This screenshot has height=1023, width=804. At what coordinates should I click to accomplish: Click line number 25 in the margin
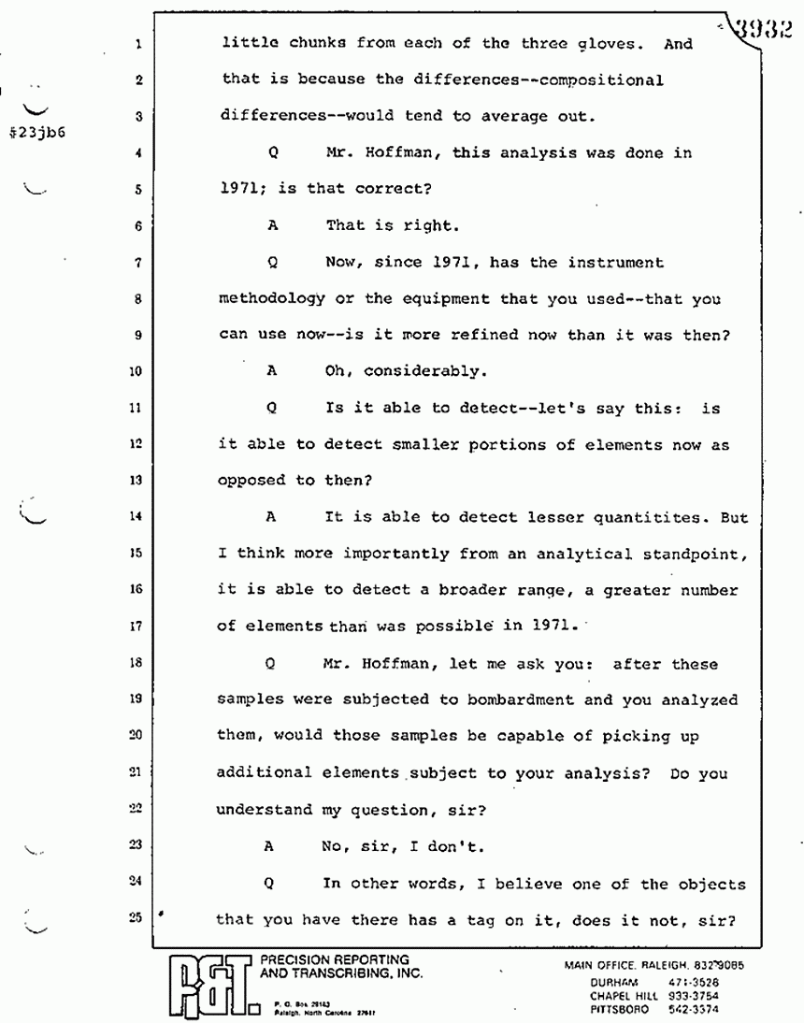tap(136, 917)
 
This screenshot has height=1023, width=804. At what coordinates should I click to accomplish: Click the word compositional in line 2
tap(592, 79)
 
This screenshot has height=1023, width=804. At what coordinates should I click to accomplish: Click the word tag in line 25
tap(524, 919)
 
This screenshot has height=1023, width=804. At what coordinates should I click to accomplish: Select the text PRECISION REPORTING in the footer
tap(335, 959)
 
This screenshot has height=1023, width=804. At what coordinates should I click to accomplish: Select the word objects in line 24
tap(708, 884)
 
